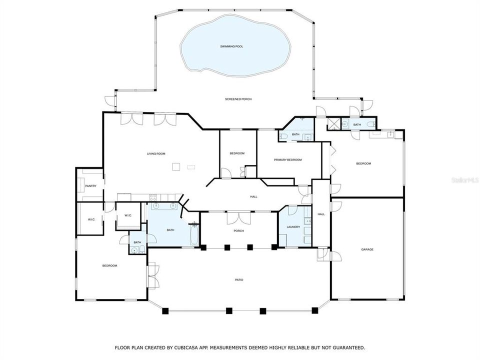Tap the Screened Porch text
tap(238, 99)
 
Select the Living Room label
tap(155, 153)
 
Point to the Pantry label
tap(90, 186)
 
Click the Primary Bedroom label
tap(287, 159)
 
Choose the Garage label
tap(367, 249)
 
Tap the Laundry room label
tap(293, 226)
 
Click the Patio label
tap(239, 279)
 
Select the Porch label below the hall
tap(238, 231)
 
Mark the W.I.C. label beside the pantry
tap(91, 219)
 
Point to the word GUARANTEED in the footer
tap(347, 347)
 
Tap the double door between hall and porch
tap(238, 217)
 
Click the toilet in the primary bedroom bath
tap(282, 135)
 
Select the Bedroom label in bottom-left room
tap(109, 265)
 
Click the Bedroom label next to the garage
tap(363, 163)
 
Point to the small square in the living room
tap(175, 167)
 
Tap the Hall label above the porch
tap(253, 196)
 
